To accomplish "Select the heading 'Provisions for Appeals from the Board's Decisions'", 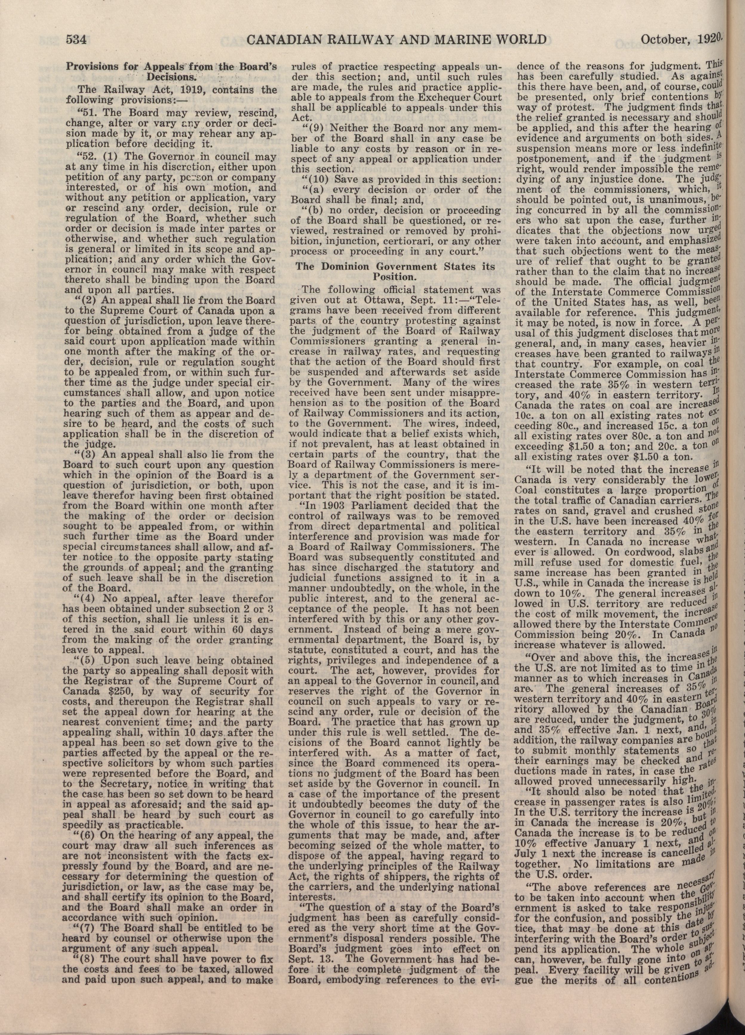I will [171, 71].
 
